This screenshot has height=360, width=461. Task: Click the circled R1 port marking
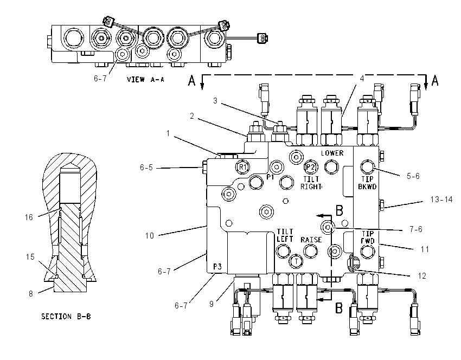coord(242,167)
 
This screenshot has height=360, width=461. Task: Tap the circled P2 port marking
coord(310,167)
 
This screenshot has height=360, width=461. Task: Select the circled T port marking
coord(296,261)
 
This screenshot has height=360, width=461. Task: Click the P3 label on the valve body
coord(217,267)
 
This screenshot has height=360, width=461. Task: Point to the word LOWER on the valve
coord(332,153)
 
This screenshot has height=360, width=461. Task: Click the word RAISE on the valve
coord(311,240)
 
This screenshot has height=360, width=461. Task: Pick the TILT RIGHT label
coord(311,183)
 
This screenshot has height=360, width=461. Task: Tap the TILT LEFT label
coord(285,235)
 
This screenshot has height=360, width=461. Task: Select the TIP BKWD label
coord(367,183)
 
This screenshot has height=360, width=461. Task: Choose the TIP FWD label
coord(368,237)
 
